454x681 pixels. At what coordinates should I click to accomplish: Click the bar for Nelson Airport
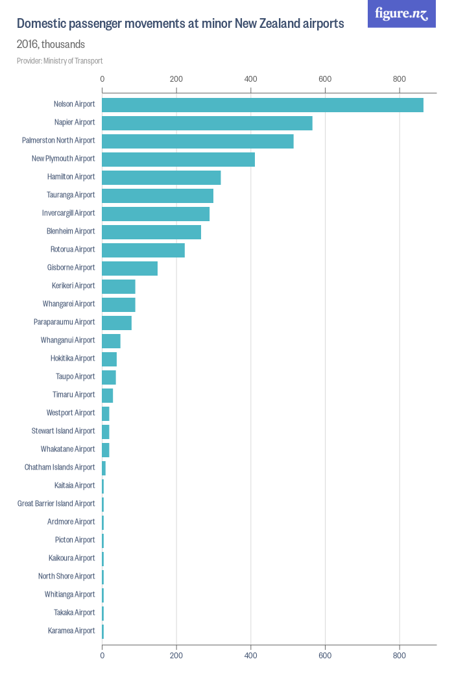(x=263, y=105)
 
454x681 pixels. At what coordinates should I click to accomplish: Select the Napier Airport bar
(x=207, y=123)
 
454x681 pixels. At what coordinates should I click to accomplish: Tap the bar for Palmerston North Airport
(x=198, y=141)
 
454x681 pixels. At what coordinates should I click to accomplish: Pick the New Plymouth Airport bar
(x=178, y=160)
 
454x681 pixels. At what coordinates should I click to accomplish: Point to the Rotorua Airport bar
(x=143, y=250)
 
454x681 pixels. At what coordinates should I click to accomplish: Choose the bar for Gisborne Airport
(x=130, y=269)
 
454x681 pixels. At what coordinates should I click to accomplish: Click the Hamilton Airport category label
(x=71, y=177)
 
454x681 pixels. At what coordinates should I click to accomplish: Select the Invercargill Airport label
(x=67, y=213)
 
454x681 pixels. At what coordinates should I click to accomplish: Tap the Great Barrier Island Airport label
(x=56, y=504)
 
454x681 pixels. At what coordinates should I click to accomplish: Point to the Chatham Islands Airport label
(x=60, y=468)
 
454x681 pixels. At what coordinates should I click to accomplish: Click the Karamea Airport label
(x=71, y=631)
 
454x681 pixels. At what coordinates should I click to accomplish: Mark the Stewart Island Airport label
(x=63, y=431)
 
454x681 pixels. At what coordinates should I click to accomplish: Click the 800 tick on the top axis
(x=400, y=79)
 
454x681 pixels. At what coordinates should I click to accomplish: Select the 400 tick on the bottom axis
(x=251, y=656)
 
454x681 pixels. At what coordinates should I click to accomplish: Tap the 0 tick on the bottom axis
(x=102, y=656)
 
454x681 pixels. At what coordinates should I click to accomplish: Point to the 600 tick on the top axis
(x=325, y=79)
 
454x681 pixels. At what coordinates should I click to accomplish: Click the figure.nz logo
(x=401, y=14)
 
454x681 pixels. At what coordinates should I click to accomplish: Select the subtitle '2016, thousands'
(x=51, y=45)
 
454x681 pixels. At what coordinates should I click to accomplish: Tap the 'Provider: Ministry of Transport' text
(x=60, y=61)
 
